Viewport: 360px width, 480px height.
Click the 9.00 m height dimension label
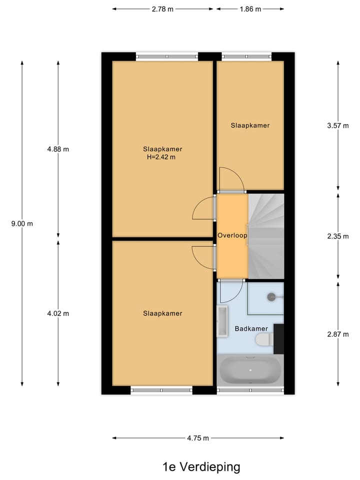(x=22, y=223)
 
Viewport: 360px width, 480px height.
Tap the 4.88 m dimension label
(x=58, y=149)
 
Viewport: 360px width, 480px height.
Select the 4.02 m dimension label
(x=58, y=313)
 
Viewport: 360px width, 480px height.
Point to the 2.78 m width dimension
(x=162, y=9)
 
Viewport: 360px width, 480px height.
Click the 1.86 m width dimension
(x=250, y=9)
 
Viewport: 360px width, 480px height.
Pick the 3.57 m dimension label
(x=337, y=126)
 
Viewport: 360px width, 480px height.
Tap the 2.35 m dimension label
(x=337, y=236)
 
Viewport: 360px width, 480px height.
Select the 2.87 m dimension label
(x=337, y=334)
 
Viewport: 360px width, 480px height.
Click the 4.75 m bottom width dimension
(x=198, y=438)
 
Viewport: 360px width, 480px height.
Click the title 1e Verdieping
(x=201, y=467)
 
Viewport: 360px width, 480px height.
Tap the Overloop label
(x=232, y=235)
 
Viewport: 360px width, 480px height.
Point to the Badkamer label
(x=251, y=328)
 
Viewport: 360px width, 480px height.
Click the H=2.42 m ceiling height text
(x=162, y=157)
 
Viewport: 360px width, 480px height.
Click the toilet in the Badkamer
(x=264, y=340)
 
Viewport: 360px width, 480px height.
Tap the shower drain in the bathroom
(x=271, y=296)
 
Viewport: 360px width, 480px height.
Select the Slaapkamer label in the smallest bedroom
(x=250, y=125)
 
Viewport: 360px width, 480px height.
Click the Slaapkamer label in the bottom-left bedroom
(x=162, y=313)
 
